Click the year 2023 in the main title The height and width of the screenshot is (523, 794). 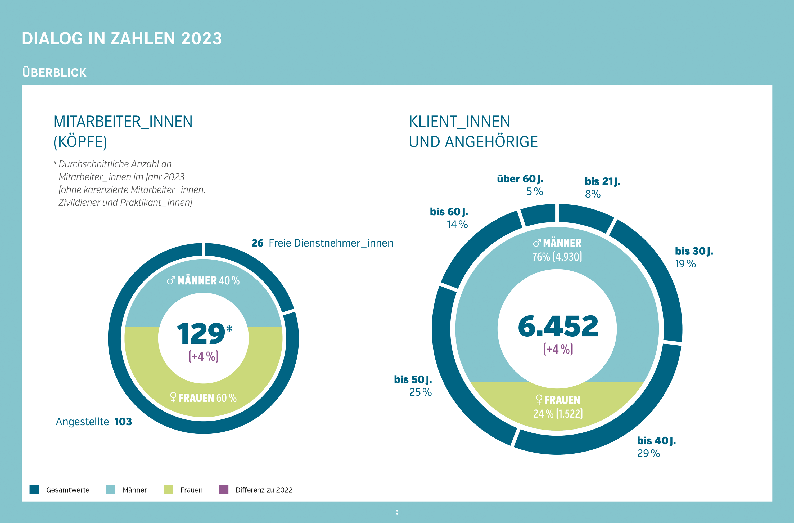click(x=201, y=39)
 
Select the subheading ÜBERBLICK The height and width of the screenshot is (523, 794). click(x=54, y=73)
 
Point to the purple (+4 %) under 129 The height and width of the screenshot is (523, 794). click(x=204, y=356)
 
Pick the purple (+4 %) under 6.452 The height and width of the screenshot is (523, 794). click(x=558, y=349)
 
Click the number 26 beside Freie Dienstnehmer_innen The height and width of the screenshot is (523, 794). click(x=257, y=243)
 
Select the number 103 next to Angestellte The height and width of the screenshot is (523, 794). click(x=123, y=422)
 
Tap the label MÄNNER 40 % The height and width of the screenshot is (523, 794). click(x=204, y=280)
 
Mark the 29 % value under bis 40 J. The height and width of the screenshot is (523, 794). click(x=648, y=453)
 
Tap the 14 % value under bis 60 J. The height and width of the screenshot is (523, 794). click(x=457, y=224)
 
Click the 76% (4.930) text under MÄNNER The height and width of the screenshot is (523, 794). click(x=557, y=257)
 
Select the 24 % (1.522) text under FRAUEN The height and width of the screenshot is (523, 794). click(x=558, y=414)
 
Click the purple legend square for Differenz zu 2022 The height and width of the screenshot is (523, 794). click(x=224, y=490)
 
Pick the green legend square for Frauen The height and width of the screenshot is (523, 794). click(x=169, y=490)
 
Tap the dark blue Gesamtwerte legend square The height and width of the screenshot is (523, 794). click(x=34, y=490)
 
